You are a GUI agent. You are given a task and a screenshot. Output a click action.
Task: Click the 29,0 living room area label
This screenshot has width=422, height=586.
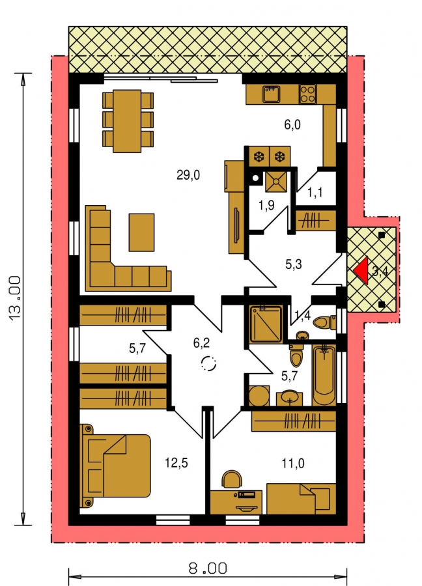pos(188,174)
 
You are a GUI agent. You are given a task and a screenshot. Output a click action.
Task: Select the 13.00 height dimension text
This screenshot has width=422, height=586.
pos(16,299)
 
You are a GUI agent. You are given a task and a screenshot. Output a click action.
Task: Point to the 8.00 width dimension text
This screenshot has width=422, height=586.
pos(208,569)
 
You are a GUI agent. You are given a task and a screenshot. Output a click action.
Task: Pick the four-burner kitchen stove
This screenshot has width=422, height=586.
pos(308,94)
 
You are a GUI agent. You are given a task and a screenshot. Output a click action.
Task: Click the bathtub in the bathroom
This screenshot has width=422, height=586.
pos(324,375)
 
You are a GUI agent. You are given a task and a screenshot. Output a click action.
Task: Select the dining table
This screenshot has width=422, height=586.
pos(128,120)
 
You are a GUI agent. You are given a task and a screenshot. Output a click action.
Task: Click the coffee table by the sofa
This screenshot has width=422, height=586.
pos(142,232)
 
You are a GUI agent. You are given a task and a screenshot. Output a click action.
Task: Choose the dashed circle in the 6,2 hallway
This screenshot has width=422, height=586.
pos(208,363)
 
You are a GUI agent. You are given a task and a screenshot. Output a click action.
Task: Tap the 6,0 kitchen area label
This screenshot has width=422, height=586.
pos(292,124)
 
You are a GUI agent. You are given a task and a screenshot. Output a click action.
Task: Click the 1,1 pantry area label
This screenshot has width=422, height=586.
pos(315,193)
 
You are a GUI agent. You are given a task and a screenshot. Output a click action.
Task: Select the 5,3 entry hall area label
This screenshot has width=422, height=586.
pos(294,264)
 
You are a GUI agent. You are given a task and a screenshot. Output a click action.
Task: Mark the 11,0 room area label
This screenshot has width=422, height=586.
pos(293,464)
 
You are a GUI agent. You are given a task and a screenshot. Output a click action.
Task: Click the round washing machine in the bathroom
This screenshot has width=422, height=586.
pos(259,396)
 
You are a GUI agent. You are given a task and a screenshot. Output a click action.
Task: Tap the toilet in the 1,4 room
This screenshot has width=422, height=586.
pos(324,322)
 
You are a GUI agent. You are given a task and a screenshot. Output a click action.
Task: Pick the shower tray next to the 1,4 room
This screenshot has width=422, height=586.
pos(266,324)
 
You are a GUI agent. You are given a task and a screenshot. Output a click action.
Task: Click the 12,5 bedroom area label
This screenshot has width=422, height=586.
pos(176,463)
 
